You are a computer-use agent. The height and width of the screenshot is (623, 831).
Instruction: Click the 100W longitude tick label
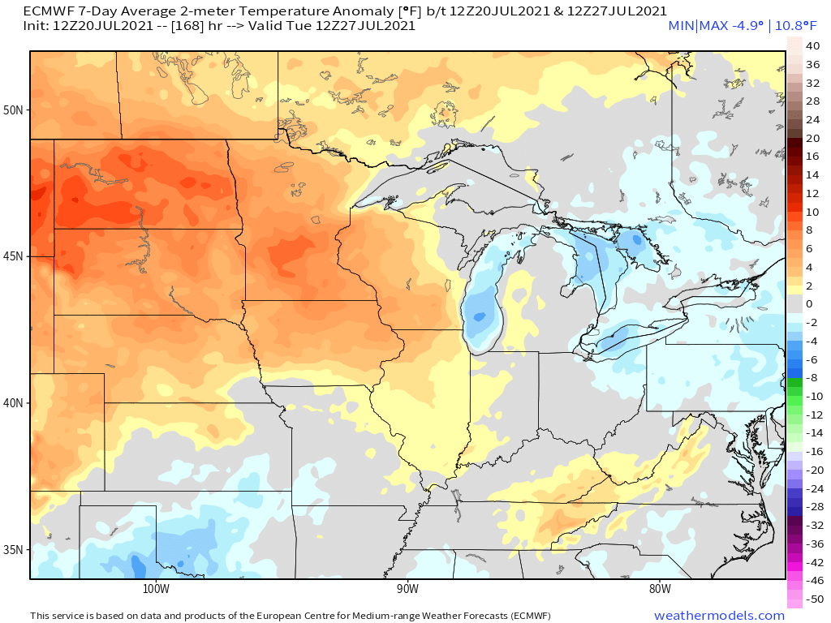coord(155,588)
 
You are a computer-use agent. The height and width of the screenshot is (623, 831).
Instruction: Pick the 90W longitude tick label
coord(407,588)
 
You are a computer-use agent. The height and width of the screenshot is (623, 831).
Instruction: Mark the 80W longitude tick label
coord(660,588)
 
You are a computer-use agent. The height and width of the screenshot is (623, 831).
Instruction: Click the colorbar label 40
coord(812,46)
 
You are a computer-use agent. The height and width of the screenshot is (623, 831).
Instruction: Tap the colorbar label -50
coord(812,599)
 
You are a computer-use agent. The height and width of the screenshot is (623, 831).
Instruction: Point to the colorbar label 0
coord(808,304)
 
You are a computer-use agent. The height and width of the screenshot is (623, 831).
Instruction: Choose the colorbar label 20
coord(812,138)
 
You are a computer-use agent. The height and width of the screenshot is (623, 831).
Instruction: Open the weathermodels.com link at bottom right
coord(719,616)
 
